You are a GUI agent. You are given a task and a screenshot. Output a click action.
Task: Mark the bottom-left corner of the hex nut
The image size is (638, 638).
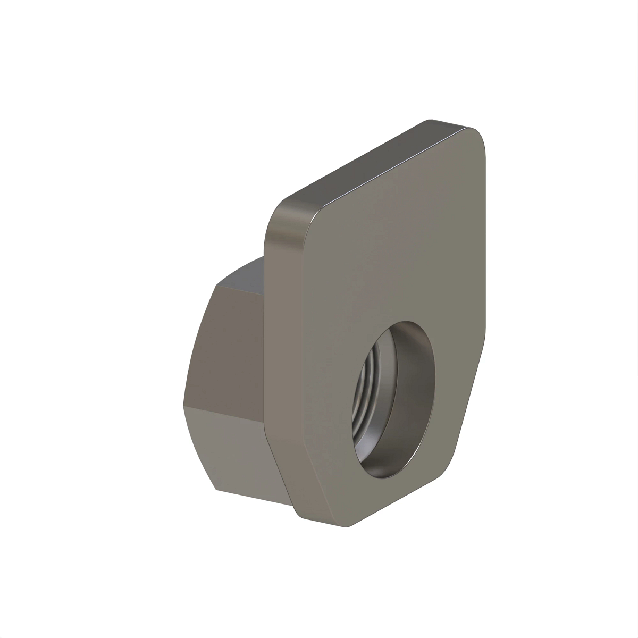[215, 489]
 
